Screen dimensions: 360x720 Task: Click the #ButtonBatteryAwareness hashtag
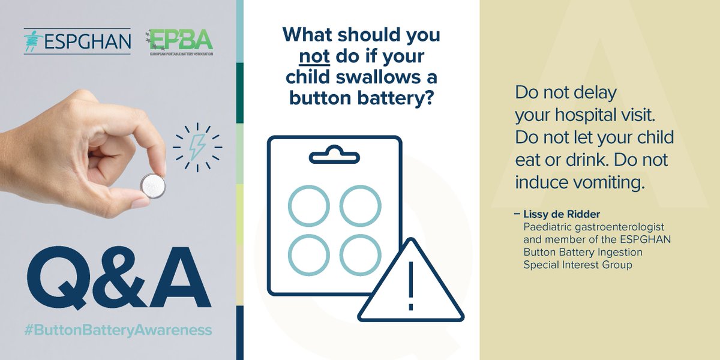click(x=118, y=330)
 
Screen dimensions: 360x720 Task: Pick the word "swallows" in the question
click(x=381, y=77)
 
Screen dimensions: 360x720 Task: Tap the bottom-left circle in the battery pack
click(x=308, y=254)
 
